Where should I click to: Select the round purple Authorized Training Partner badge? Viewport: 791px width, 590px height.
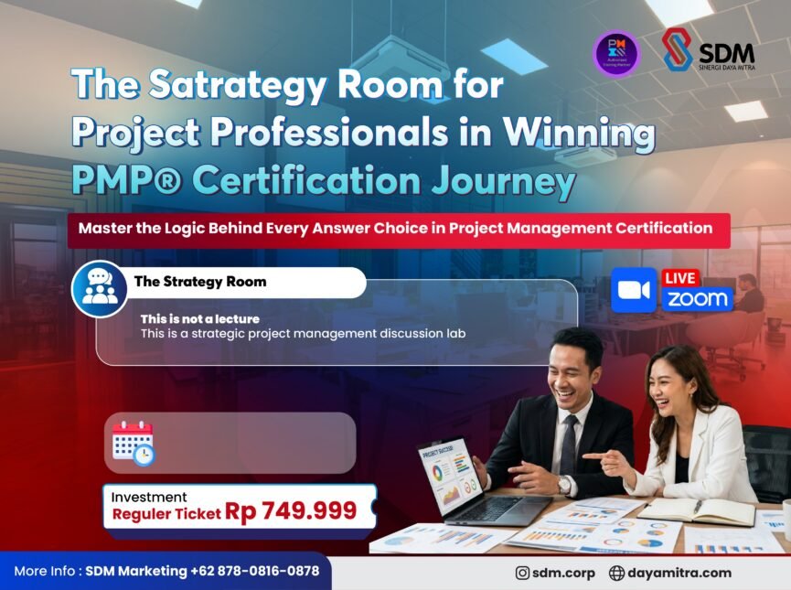[616, 52]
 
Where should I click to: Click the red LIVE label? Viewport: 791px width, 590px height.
[681, 277]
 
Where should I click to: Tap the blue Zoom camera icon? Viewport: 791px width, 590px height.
[634, 290]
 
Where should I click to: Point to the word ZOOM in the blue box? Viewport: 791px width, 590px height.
[698, 299]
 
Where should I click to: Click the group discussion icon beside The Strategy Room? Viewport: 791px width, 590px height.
[100, 288]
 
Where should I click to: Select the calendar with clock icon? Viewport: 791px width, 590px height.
[133, 443]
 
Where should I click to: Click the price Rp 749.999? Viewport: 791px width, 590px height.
[291, 511]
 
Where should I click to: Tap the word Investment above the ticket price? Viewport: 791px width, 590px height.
[149, 497]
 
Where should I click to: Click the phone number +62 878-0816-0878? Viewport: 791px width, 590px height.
[255, 571]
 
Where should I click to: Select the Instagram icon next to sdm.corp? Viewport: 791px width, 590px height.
[523, 573]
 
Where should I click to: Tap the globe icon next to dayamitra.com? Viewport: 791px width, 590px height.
[616, 573]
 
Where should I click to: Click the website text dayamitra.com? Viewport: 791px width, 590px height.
[679, 573]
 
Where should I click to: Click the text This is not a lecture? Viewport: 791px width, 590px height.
[199, 318]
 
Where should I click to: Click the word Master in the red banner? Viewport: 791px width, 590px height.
[106, 228]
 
